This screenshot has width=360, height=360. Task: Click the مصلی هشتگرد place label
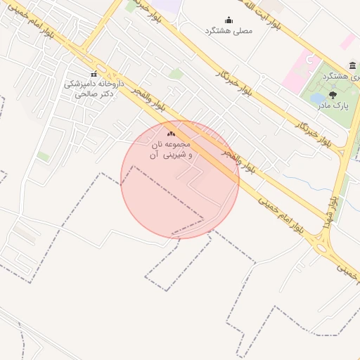click(x=228, y=31)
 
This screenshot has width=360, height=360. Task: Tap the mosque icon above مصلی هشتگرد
click(x=228, y=20)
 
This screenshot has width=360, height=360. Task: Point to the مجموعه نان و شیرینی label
click(x=171, y=148)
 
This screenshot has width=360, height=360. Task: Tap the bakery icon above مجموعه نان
click(x=171, y=133)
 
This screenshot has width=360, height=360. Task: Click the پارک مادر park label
click(x=335, y=105)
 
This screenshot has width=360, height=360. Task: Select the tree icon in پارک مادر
click(x=333, y=94)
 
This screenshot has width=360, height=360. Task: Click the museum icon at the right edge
click(x=351, y=65)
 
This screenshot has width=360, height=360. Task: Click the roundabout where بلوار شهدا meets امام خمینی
click(x=323, y=244)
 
